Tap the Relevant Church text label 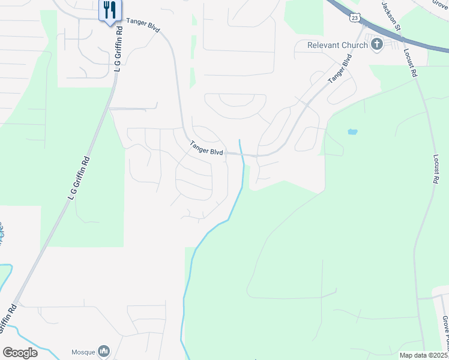[x=337, y=45]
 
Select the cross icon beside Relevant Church [x=377, y=44]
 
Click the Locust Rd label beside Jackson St [x=411, y=63]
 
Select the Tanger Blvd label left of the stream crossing [x=206, y=148]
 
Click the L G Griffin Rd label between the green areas [x=79, y=178]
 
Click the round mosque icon [x=103, y=350]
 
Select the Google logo [x=20, y=352]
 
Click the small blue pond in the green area [x=352, y=131]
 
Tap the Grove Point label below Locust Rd [x=445, y=333]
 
